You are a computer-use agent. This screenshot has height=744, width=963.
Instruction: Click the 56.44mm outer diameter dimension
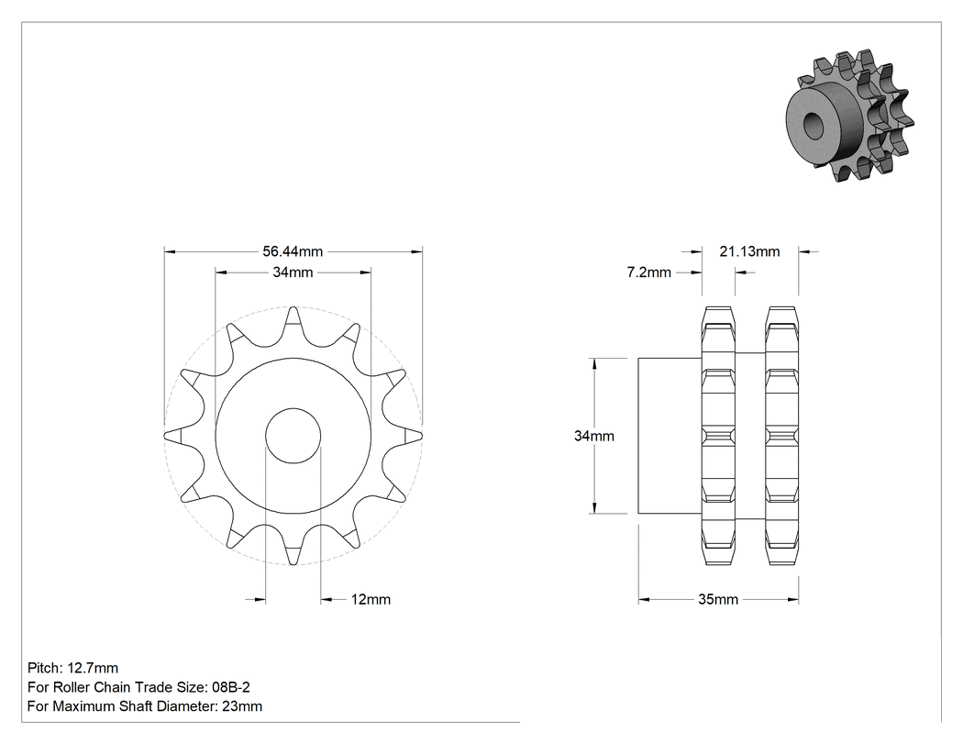(x=293, y=251)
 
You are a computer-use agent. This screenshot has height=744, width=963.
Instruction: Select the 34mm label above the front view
(x=293, y=272)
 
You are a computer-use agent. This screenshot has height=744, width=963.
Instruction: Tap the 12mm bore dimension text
(x=371, y=599)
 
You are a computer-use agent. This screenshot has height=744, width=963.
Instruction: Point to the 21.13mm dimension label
(x=749, y=251)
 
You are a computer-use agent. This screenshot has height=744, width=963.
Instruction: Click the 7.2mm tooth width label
(x=648, y=272)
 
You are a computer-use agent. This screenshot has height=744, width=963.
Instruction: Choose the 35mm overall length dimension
(x=718, y=599)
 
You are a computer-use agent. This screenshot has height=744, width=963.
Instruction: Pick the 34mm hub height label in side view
(x=594, y=436)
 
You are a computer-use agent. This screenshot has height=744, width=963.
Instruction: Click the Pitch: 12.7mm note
(x=73, y=668)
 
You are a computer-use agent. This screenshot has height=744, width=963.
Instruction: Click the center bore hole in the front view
(x=293, y=436)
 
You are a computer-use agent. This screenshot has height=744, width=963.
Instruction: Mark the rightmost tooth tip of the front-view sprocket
(x=422, y=436)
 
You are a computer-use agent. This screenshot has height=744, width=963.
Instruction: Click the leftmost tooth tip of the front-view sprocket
(x=164, y=436)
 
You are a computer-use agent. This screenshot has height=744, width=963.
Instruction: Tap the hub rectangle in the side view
(x=670, y=436)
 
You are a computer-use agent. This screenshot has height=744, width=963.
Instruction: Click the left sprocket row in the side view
(x=718, y=436)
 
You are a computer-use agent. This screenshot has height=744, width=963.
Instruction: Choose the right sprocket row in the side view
(x=781, y=436)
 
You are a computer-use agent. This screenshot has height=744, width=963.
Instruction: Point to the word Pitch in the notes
(x=43, y=668)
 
